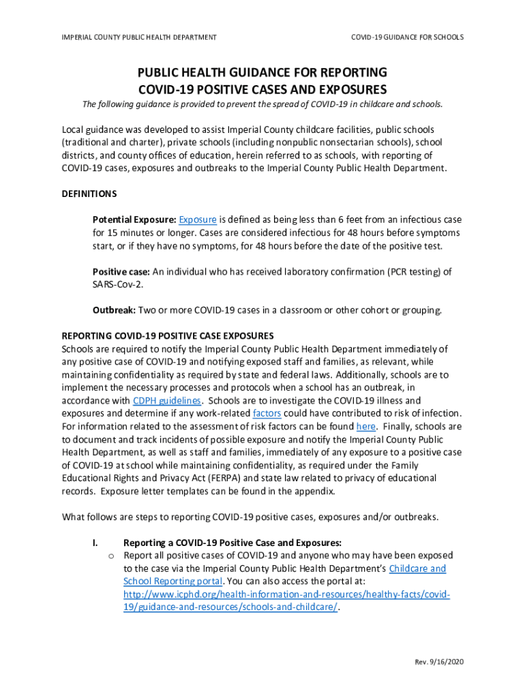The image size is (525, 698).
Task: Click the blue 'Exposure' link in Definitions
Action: pos(198,219)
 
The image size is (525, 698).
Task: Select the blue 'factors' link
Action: pos(267,413)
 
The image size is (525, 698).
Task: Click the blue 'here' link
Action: pos(365,426)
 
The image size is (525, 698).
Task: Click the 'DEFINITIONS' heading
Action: pos(89,194)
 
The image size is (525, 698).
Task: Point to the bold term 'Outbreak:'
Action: pos(114,310)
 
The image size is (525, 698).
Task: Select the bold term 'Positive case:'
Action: pos(121,271)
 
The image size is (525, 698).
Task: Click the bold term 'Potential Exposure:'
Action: pos(134,219)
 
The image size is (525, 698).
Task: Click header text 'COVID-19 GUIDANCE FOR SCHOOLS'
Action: pos(407,37)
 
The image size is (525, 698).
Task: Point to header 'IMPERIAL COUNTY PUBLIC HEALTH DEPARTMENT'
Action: pos(139,37)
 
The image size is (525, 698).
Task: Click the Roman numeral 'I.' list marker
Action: pos(95,543)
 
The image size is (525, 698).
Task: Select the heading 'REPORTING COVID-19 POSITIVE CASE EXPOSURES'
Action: pos(168,336)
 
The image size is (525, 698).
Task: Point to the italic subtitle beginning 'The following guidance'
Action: pos(262,104)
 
